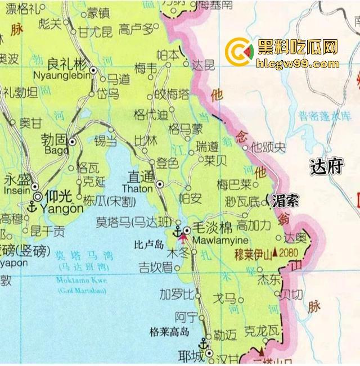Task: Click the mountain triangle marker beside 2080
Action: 275,254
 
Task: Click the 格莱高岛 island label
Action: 169,331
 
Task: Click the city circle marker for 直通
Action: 160,183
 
